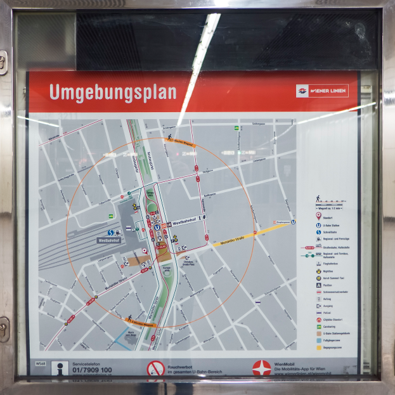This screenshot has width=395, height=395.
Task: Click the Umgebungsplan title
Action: tap(112, 93)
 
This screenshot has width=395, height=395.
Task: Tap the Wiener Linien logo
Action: tap(322, 91)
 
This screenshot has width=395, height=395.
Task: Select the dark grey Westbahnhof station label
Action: tap(108, 241)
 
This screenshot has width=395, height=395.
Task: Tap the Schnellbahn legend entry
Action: tap(327, 231)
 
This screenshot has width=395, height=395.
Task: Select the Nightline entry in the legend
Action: tap(327, 270)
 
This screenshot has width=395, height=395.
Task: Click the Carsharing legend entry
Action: tap(327, 327)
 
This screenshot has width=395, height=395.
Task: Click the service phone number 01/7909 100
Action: tap(92, 370)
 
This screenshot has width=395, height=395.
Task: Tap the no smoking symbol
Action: tap(155, 368)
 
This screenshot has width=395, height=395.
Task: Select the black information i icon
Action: tap(60, 369)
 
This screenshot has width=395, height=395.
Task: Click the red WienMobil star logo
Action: tap(261, 368)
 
